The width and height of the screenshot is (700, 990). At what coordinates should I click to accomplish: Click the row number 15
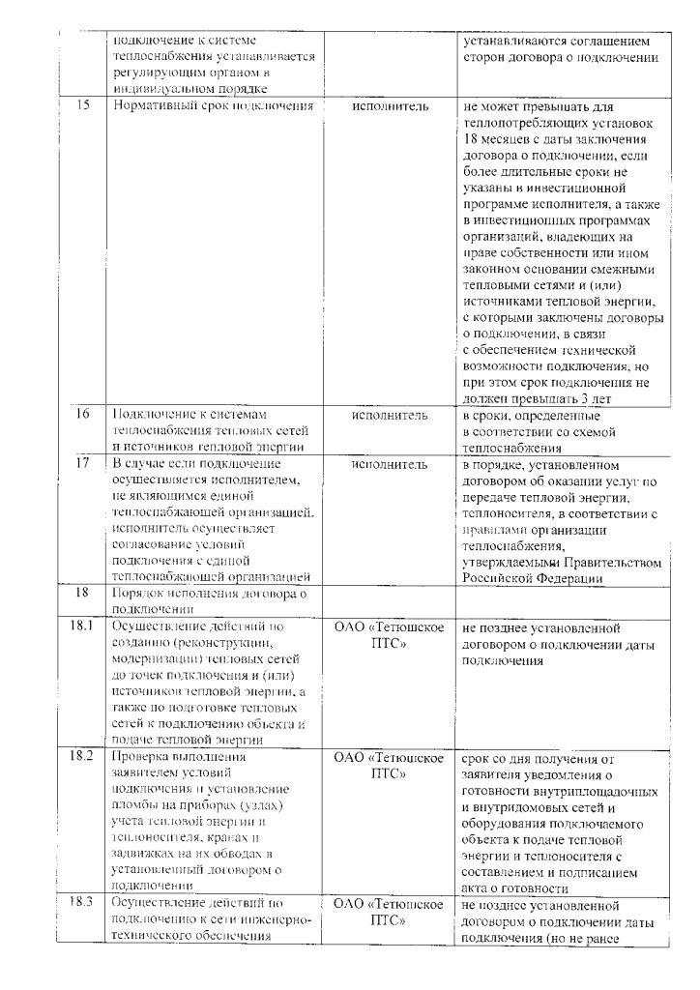click(84, 105)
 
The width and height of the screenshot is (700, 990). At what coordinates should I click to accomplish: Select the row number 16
click(84, 415)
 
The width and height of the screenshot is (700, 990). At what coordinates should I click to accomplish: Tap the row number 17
click(84, 464)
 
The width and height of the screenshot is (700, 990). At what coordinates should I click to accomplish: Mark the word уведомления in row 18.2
click(566, 773)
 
